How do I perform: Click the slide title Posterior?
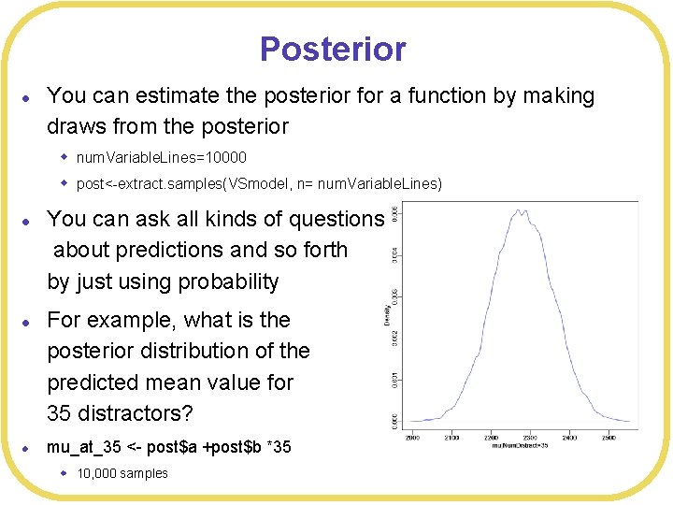333,49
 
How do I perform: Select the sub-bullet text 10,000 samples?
122,473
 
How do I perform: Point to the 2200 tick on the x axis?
491,437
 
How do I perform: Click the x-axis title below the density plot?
519,446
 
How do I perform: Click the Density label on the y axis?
387,315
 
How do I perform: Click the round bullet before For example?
28,322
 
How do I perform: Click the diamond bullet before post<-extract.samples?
65,182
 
